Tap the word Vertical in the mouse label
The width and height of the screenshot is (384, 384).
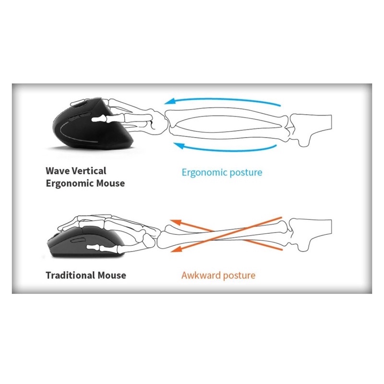coord(90,171)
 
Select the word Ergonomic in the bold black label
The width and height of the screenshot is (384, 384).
coord(69,183)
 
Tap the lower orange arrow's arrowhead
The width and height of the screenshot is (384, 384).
coord(176,249)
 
